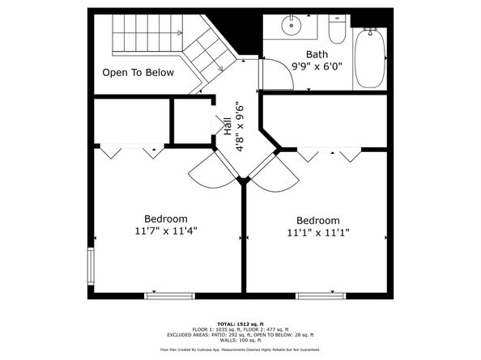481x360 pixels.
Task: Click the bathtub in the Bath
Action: click(370, 57)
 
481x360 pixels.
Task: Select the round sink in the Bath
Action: click(291, 27)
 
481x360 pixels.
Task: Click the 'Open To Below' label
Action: click(138, 72)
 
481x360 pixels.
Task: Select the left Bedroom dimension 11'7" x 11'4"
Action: click(166, 231)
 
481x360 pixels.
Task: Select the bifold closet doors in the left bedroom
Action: click(130, 150)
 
